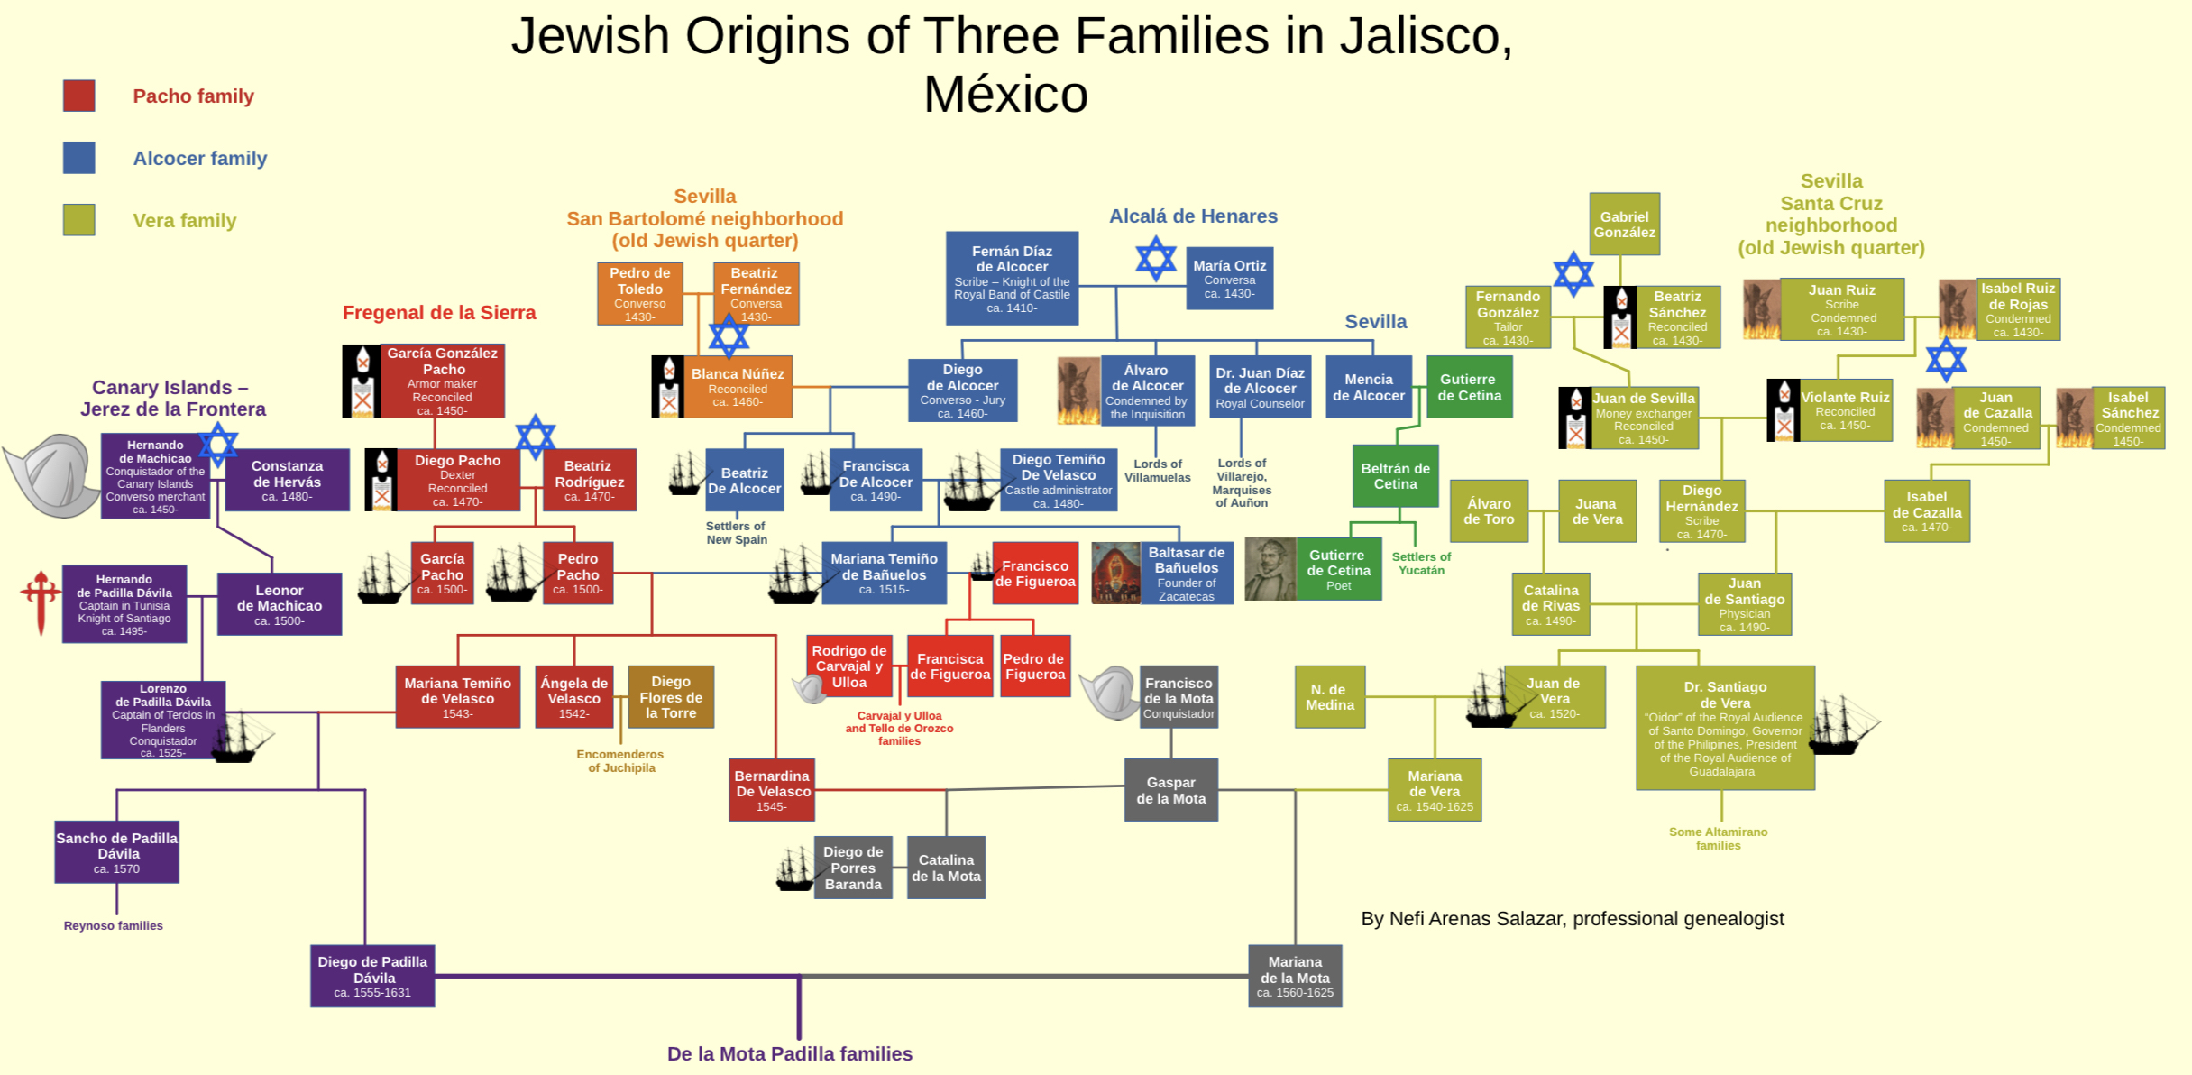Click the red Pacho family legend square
[x=79, y=96]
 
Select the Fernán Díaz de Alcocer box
[x=1012, y=278]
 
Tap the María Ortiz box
[x=1229, y=279]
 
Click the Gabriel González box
[x=1624, y=224]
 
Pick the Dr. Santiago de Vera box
[x=1724, y=727]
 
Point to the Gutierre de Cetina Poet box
[x=1338, y=569]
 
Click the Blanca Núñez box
[x=737, y=387]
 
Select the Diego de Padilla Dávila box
[x=372, y=976]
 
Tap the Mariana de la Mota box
[x=1295, y=976]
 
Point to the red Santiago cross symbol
[x=40, y=601]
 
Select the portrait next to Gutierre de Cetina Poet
[x=1270, y=569]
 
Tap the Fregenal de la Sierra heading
[x=439, y=313]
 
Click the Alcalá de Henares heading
[x=1192, y=216]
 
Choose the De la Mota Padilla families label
[x=789, y=1053]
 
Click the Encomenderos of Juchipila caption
[x=620, y=761]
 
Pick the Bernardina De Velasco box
[x=772, y=790]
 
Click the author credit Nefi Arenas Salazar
[x=1572, y=919]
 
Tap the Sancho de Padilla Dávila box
[x=117, y=852]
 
